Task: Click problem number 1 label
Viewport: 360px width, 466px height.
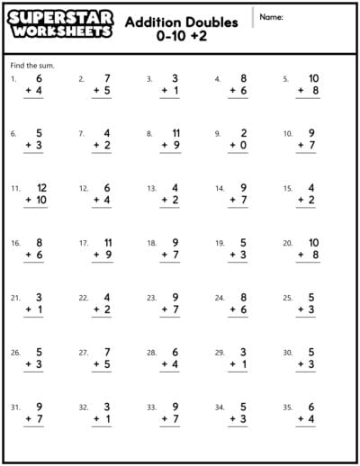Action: pos(13,79)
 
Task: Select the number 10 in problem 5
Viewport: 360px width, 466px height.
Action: pos(313,78)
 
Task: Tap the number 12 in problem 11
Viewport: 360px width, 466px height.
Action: pos(40,188)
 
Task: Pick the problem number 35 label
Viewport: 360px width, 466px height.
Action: pos(287,408)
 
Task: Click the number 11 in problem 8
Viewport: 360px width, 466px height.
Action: pos(175,133)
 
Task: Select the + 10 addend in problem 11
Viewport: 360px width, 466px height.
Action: pos(37,200)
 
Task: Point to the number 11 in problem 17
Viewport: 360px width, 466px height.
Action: pos(107,243)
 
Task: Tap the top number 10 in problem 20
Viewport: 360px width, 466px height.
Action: pos(313,243)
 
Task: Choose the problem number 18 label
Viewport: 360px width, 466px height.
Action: pos(150,243)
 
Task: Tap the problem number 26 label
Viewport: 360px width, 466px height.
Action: pos(15,353)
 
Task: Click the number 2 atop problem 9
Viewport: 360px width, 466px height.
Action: pos(244,133)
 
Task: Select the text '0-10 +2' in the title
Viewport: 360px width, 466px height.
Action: pos(182,36)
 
